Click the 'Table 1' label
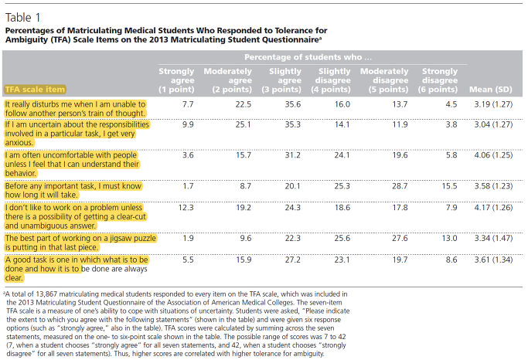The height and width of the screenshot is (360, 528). tap(22, 18)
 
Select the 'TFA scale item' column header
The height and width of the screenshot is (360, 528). tap(35, 90)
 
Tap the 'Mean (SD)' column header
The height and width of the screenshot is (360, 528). tap(491, 90)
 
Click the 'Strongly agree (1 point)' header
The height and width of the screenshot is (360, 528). tap(176, 80)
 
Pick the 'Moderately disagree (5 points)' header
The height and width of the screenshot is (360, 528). tap(384, 80)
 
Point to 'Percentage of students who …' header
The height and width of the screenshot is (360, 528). tap(308, 57)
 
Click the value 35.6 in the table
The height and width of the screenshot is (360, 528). tap(293, 104)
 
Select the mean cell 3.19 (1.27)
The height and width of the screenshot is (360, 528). tap(493, 104)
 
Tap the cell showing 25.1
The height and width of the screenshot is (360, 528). tap(244, 124)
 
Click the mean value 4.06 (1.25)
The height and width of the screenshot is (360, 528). tap(493, 155)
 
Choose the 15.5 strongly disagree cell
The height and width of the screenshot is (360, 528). tap(450, 186)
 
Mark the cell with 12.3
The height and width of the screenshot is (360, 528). tap(186, 208)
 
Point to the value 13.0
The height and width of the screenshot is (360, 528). tap(450, 238)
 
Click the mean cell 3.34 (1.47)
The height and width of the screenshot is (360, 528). tap(493, 238)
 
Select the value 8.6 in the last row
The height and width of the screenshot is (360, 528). tap(451, 260)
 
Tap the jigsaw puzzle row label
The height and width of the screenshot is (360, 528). tap(80, 243)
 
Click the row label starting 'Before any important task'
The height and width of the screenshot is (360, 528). tap(73, 191)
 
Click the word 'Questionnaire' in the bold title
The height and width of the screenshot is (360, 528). tap(292, 39)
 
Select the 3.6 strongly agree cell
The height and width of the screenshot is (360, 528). tap(188, 155)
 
